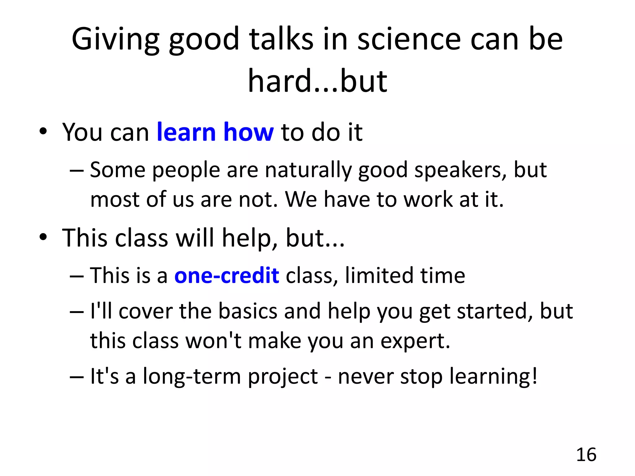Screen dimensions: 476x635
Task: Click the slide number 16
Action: tap(586, 455)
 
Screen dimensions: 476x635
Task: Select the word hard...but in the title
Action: tap(317, 81)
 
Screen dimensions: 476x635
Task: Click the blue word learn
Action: tap(186, 132)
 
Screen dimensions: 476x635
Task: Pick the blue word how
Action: tap(248, 132)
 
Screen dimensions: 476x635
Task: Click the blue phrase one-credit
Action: tap(227, 275)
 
